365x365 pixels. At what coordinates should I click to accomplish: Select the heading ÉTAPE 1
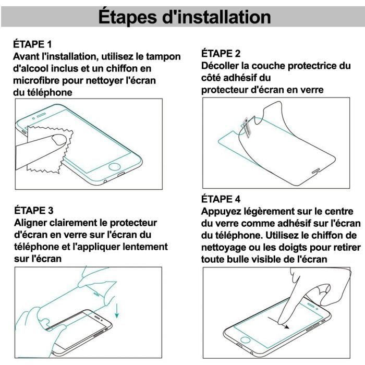(32, 44)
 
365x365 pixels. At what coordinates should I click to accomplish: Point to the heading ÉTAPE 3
(32, 211)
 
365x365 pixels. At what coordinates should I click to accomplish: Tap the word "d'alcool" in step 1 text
(32, 68)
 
